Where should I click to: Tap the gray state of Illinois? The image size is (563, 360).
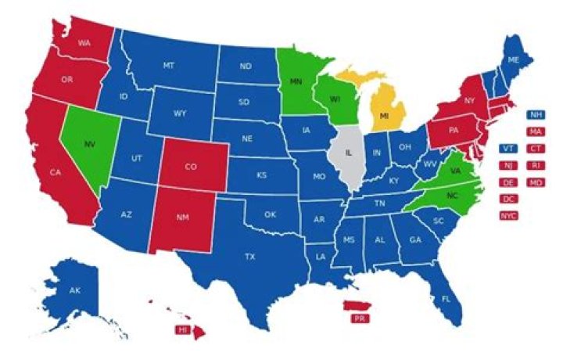click(345, 153)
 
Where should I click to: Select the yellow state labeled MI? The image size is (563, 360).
click(385, 115)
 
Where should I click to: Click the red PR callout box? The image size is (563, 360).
click(360, 319)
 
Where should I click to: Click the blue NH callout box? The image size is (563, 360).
click(536, 114)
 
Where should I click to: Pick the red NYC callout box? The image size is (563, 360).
click(508, 215)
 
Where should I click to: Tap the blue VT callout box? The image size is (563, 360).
click(508, 148)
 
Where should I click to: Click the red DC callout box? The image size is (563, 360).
click(508, 199)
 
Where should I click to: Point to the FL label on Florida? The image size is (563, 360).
click(446, 299)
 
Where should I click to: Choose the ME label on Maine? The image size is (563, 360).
click(514, 59)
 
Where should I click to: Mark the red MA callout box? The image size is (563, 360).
click(536, 131)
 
